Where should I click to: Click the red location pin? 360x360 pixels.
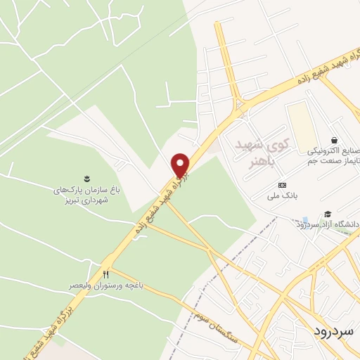point(181,165)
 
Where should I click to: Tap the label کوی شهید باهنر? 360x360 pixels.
point(258,152)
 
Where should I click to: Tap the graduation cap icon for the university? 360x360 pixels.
point(328,214)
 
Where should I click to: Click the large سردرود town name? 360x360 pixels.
point(334,330)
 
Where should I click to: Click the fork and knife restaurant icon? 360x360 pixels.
point(106,274)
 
